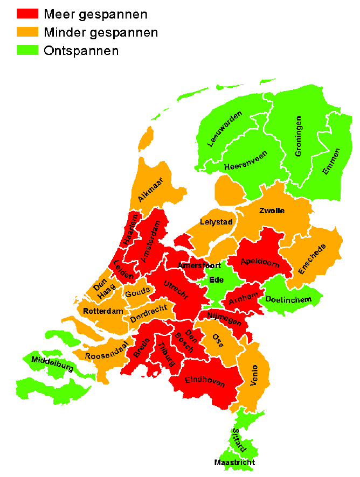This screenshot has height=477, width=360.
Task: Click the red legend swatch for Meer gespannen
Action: (27, 14)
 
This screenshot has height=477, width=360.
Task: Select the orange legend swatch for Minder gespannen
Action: (27, 32)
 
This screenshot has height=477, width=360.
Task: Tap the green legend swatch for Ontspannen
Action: (27, 51)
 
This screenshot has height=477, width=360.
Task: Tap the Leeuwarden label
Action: (225, 129)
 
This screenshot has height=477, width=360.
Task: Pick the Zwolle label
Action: (272, 211)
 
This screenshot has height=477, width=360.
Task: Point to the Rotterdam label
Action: (103, 311)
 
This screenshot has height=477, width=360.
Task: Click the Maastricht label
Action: (234, 462)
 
